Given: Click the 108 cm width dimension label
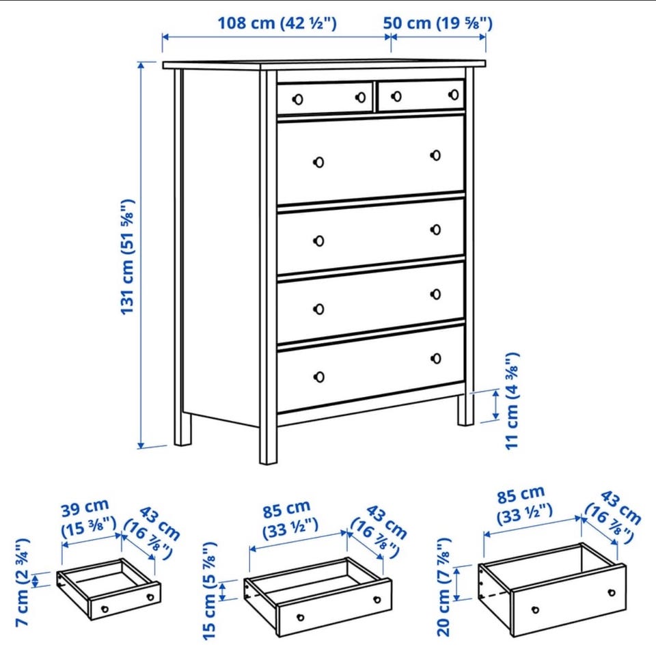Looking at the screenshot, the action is (x=277, y=23).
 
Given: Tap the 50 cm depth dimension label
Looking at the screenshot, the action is (x=437, y=23).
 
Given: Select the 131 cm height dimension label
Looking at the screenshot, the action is (x=127, y=257).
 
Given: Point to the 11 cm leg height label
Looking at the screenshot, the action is (x=512, y=401).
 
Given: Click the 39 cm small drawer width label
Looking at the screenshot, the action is (x=89, y=519).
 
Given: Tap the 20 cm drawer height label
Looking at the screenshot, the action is (x=443, y=587).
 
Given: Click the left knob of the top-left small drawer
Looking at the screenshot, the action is (x=298, y=100).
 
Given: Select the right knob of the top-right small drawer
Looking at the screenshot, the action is (x=454, y=95).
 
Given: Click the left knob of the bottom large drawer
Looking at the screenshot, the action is (x=319, y=377).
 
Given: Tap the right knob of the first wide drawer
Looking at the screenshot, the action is (x=435, y=156).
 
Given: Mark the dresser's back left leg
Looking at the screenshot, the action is (x=182, y=428).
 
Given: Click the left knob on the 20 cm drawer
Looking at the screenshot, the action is (x=535, y=610).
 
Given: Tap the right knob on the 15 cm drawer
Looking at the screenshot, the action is (x=377, y=600).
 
